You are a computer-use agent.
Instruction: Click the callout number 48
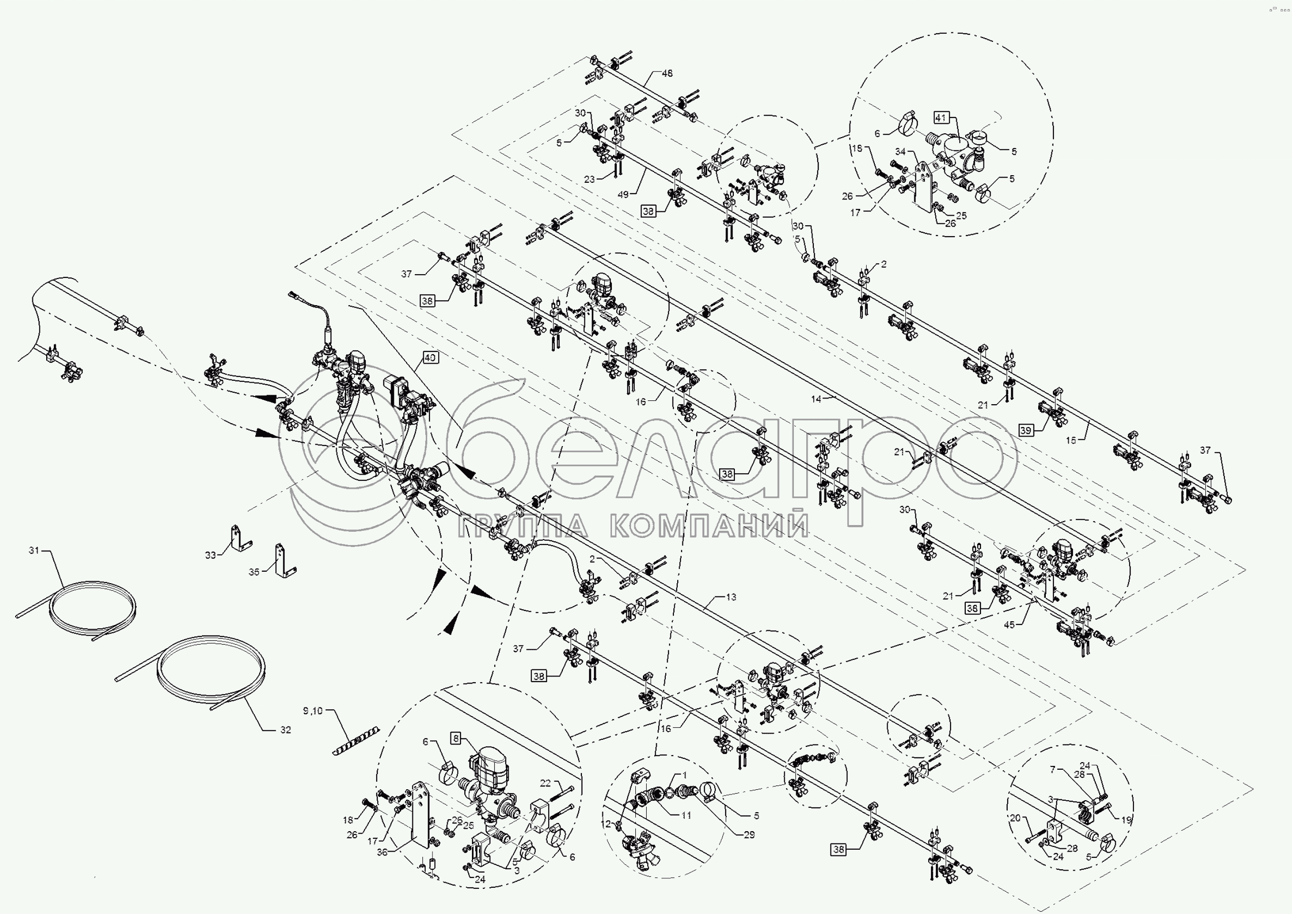[667, 74]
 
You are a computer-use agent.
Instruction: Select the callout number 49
[623, 195]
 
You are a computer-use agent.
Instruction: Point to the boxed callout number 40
[430, 358]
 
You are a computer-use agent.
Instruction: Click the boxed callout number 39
[1026, 430]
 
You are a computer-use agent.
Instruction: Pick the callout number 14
[816, 398]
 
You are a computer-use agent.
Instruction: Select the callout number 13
[731, 597]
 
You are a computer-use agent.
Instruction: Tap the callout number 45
[1010, 625]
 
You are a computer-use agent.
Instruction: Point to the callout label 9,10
[313, 711]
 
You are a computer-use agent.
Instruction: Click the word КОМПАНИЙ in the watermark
[709, 526]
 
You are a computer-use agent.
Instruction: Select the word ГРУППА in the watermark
[523, 526]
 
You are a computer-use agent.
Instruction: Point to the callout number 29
[749, 835]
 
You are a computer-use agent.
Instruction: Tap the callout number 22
[545, 783]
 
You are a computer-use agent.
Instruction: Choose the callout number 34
[900, 151]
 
